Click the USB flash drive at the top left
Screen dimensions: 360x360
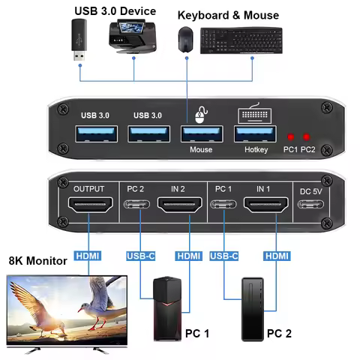pos(79,40)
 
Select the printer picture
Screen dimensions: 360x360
pos(133,38)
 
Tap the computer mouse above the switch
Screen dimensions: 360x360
pos(185,39)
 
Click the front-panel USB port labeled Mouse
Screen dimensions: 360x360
pos(200,133)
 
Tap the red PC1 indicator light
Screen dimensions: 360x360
pos(289,137)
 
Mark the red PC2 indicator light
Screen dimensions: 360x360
pos(306,137)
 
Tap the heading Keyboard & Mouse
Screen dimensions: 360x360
pos(228,15)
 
